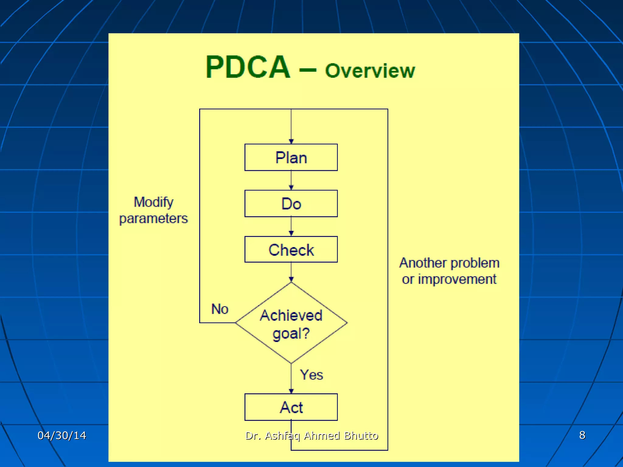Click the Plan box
(291, 157)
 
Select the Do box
(291, 203)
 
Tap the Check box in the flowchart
(291, 249)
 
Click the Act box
(291, 407)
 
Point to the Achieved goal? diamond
(291, 323)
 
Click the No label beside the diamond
(220, 309)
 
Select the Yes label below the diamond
(311, 375)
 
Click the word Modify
(153, 202)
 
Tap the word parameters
(153, 218)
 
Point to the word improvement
(457, 279)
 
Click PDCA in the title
(248, 67)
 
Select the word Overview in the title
(370, 71)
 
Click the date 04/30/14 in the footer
(62, 435)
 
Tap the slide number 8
(582, 435)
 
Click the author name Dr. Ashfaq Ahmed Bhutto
(311, 436)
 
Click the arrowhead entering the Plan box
(291, 141)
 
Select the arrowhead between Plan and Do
(291, 188)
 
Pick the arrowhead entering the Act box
(291, 391)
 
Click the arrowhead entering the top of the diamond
(291, 279)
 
